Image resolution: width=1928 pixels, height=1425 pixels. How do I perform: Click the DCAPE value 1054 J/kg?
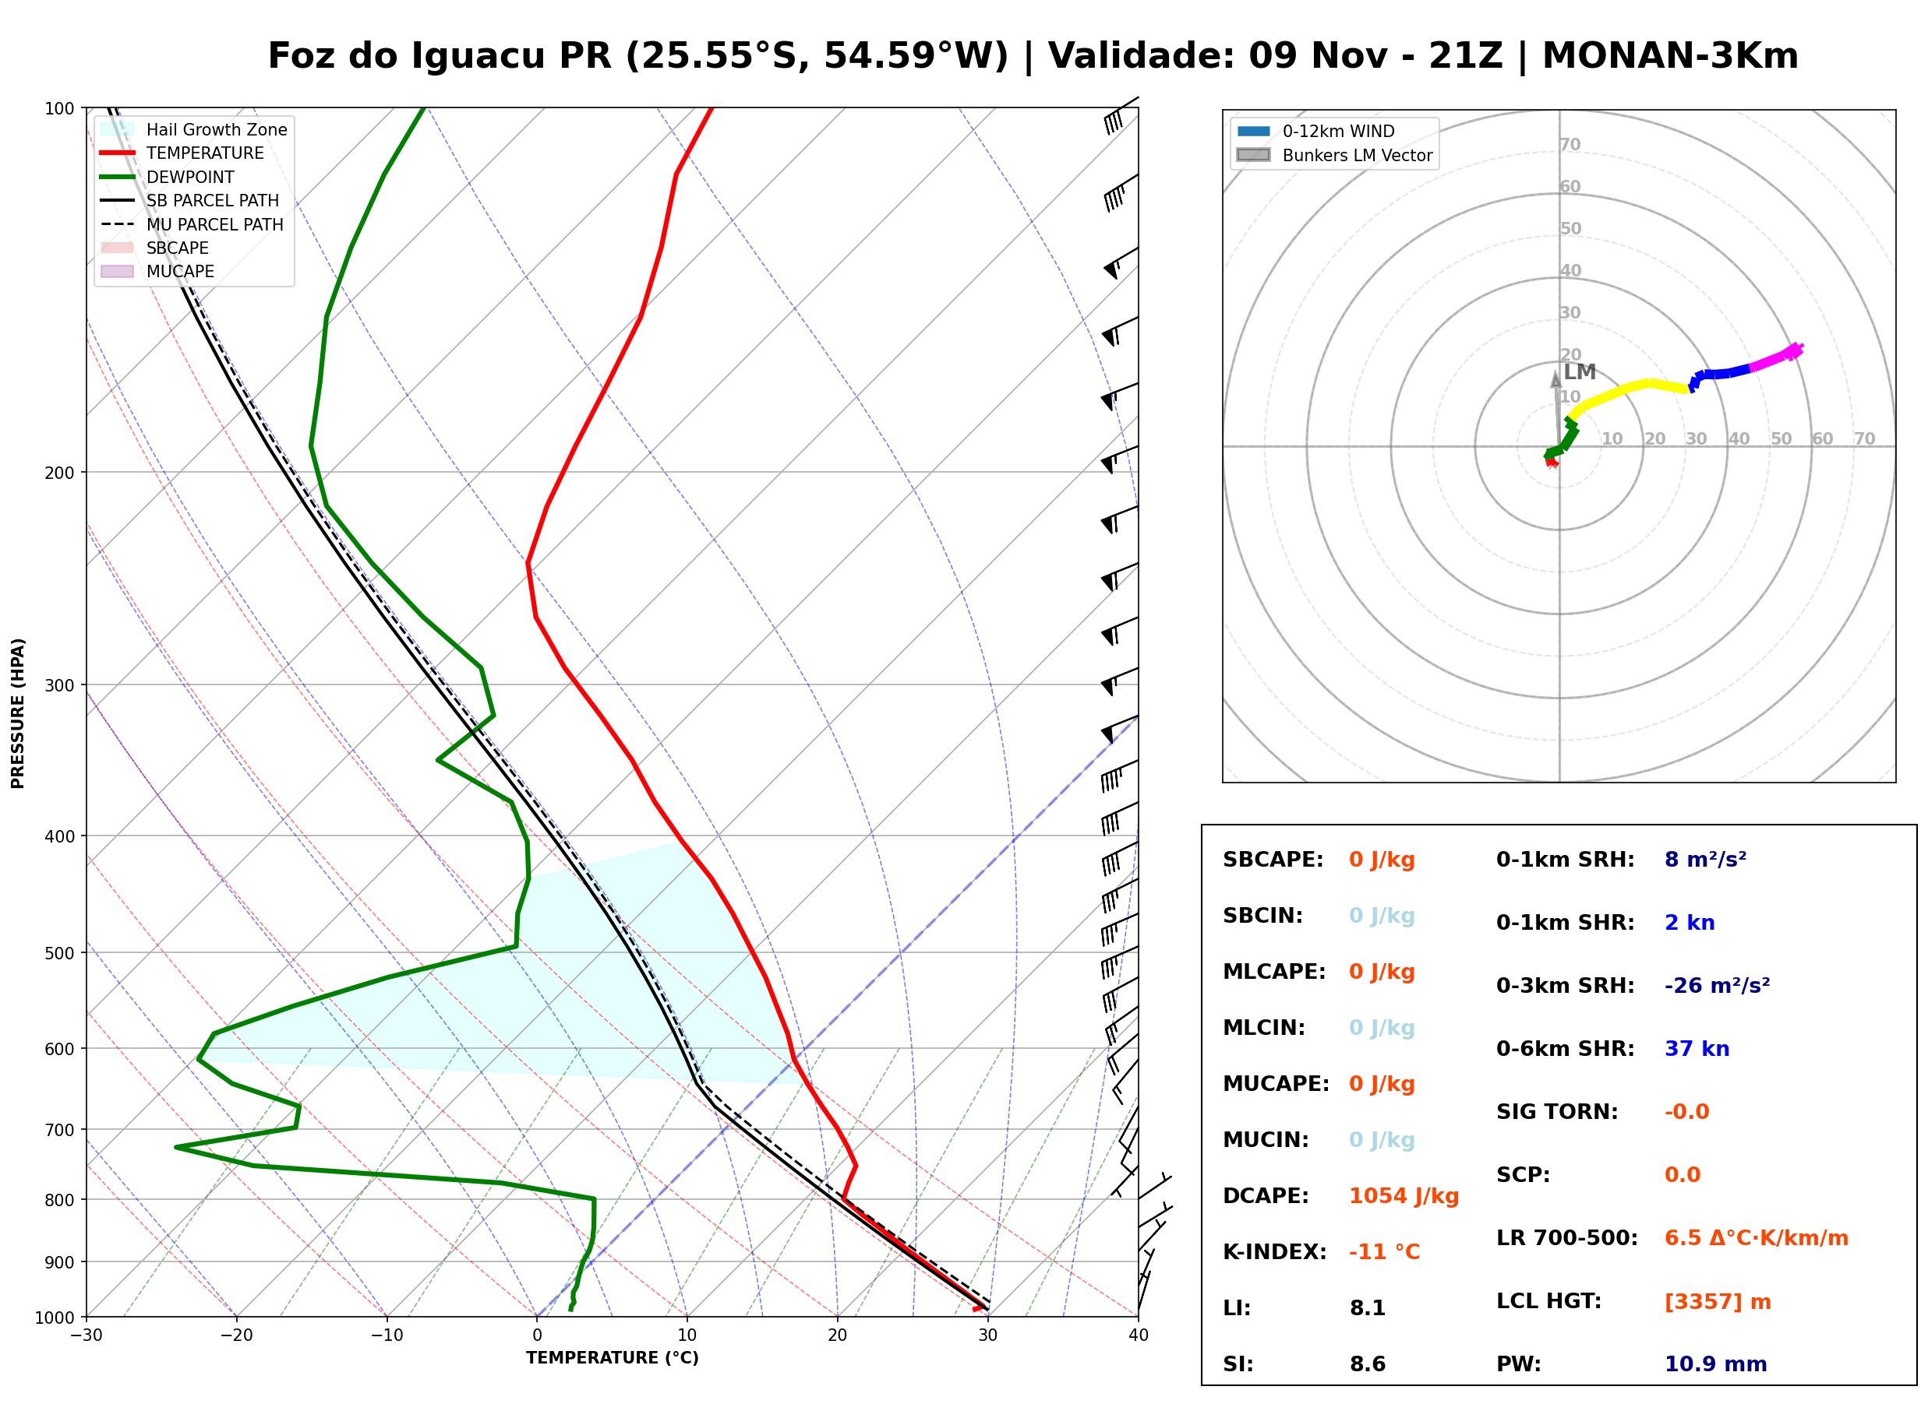click(x=1404, y=1196)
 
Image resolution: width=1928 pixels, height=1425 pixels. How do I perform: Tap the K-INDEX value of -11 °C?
click(x=1384, y=1252)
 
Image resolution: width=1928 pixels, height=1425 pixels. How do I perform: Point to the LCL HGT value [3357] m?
click(x=1718, y=1302)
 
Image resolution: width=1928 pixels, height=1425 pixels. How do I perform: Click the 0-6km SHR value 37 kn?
click(x=1697, y=1049)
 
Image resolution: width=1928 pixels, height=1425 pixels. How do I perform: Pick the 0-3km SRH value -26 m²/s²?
click(x=1717, y=985)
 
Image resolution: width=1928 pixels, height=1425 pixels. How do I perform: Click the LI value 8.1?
click(x=1367, y=1308)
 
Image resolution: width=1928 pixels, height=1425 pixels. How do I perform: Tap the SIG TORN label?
click(x=1557, y=1112)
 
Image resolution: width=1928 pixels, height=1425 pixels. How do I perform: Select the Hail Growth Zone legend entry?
click(x=194, y=129)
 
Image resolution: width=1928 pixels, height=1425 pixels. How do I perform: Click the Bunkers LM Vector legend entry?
click(x=1334, y=155)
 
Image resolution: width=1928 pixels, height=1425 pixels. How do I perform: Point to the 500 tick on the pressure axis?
click(x=59, y=953)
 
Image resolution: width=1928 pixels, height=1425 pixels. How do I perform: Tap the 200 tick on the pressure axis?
click(x=59, y=473)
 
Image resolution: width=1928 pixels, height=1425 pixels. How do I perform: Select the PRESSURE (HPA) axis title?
click(x=18, y=713)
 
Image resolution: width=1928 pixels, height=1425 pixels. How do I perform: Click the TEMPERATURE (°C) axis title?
click(x=613, y=1358)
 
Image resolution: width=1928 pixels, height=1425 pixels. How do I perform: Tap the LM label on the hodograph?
click(x=1580, y=371)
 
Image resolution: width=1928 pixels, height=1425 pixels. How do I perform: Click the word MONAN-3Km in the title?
click(x=1670, y=56)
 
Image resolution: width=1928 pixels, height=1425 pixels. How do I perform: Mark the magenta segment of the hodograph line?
click(x=1775, y=358)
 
